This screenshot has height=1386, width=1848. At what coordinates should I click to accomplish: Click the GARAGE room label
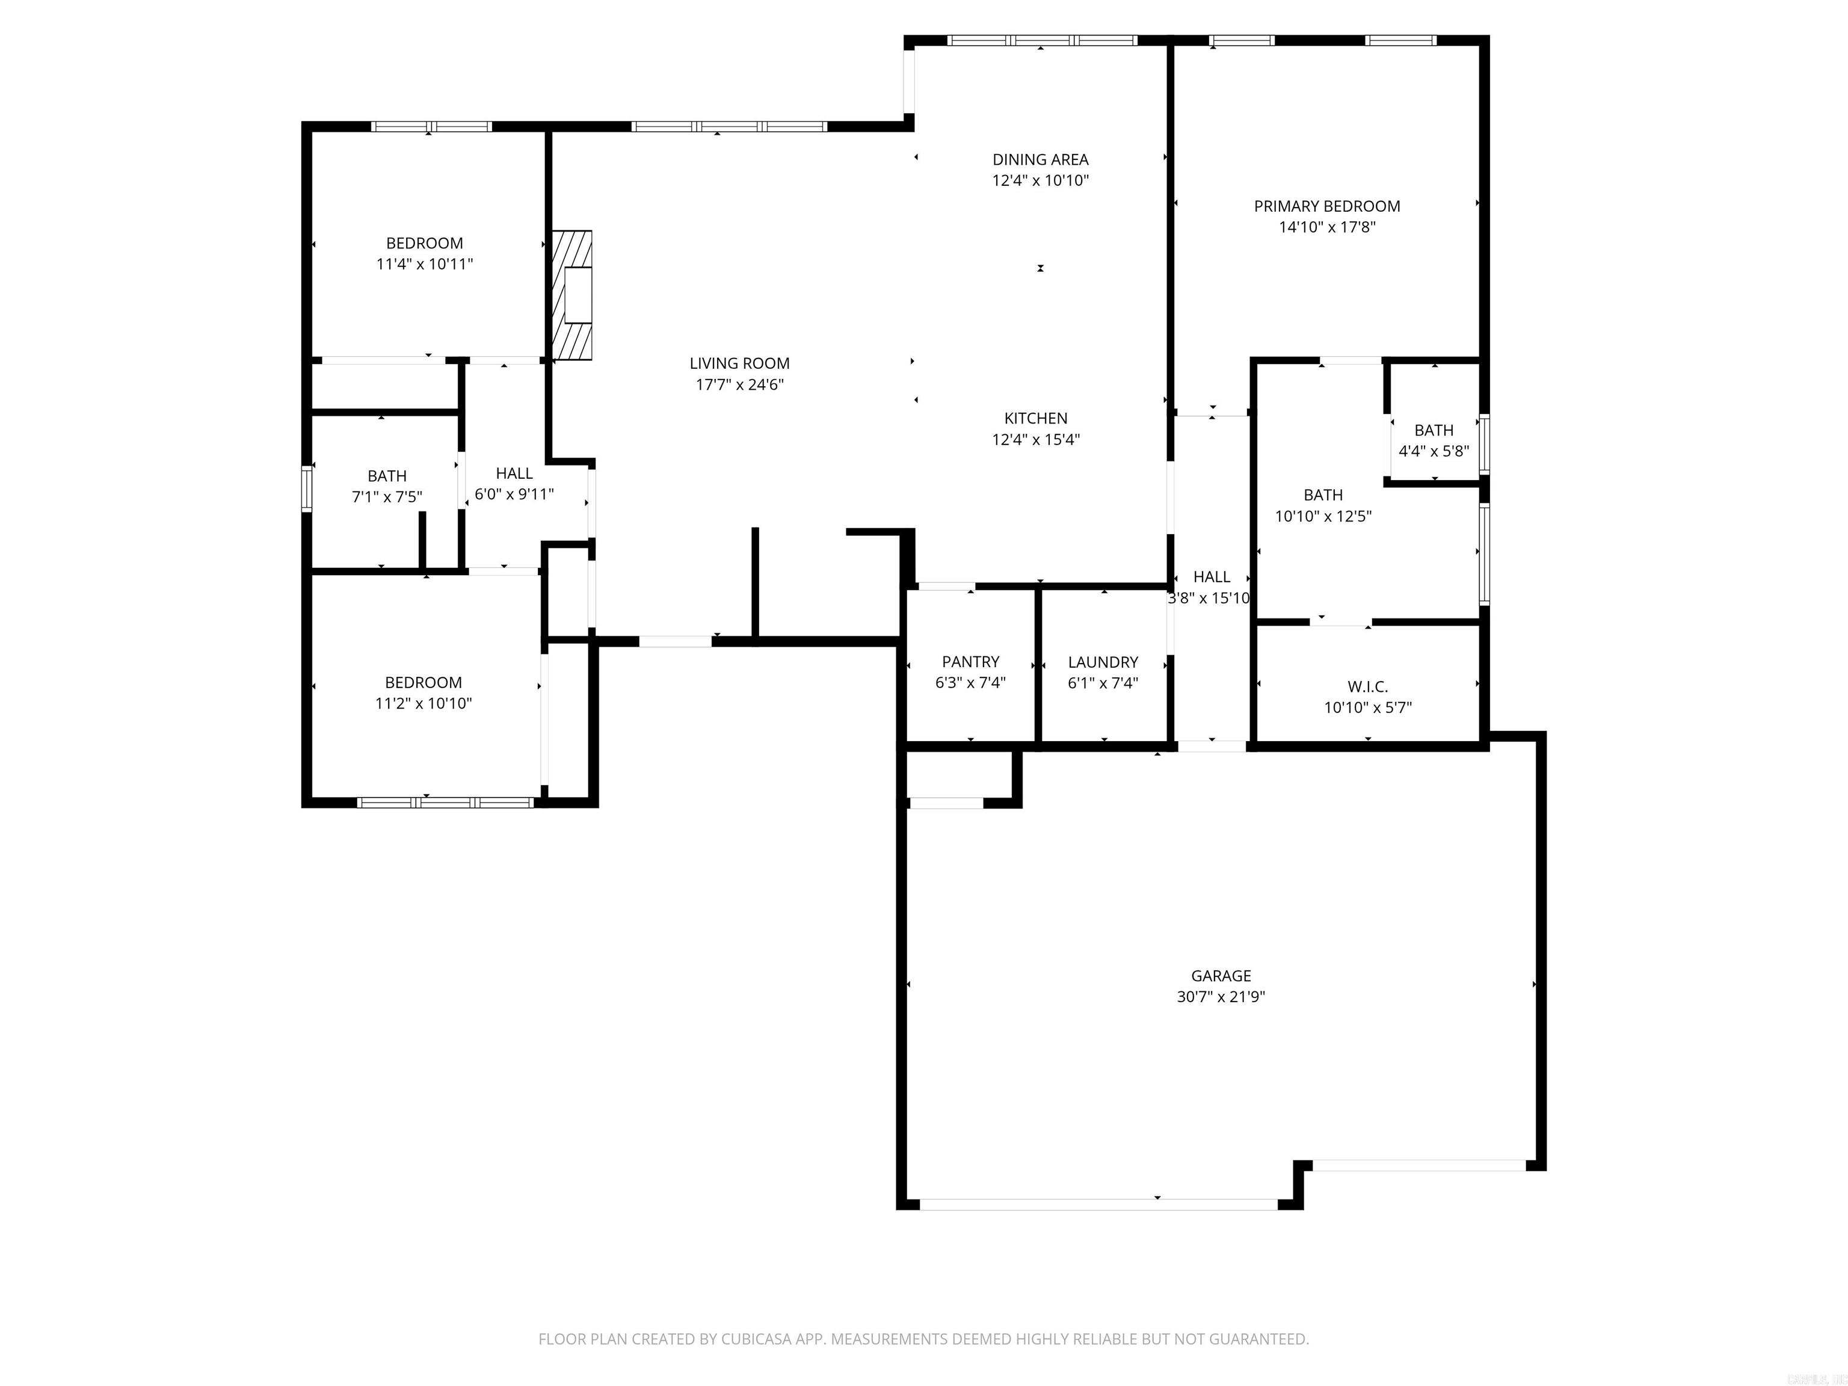click(1221, 976)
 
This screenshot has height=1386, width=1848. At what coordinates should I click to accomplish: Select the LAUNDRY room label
click(1103, 662)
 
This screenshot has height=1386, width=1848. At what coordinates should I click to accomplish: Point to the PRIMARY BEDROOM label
click(1326, 206)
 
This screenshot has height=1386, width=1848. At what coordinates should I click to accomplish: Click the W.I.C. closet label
click(1367, 687)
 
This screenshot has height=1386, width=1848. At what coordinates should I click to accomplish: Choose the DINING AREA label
click(1040, 159)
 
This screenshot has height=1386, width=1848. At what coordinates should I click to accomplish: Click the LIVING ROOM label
click(739, 363)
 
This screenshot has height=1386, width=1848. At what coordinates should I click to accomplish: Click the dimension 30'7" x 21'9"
click(1221, 997)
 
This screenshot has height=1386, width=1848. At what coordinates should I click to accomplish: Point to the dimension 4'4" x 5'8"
click(1434, 451)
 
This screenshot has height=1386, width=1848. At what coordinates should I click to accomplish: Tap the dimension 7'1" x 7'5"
click(387, 497)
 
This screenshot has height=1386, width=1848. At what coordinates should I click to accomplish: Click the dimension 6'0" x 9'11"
click(514, 494)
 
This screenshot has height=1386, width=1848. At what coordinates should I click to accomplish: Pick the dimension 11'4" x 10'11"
click(425, 264)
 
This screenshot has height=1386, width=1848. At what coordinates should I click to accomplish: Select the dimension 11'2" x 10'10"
click(423, 703)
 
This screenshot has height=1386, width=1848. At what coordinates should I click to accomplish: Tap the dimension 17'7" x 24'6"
click(739, 385)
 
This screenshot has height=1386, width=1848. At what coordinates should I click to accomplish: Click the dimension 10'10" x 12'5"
click(1323, 516)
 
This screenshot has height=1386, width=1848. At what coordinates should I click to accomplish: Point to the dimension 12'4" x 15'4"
click(1035, 440)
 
